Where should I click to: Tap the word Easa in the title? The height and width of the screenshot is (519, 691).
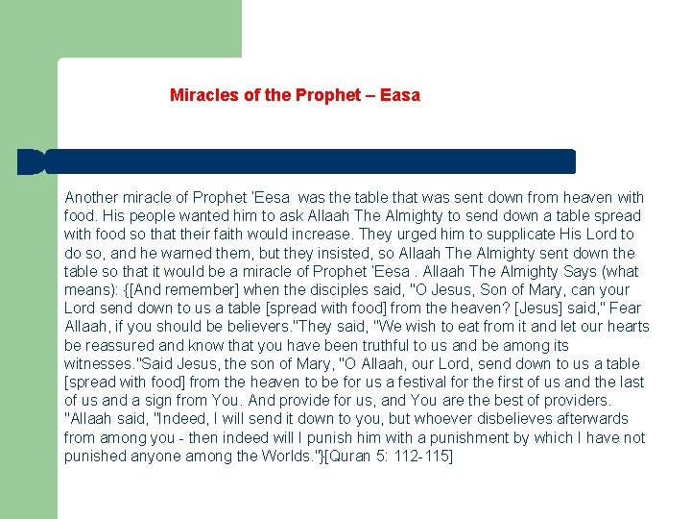coord(400,95)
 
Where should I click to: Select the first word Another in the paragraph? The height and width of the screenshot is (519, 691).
coord(92,197)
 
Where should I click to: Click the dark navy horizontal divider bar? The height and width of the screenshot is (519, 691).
coord(298,161)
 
